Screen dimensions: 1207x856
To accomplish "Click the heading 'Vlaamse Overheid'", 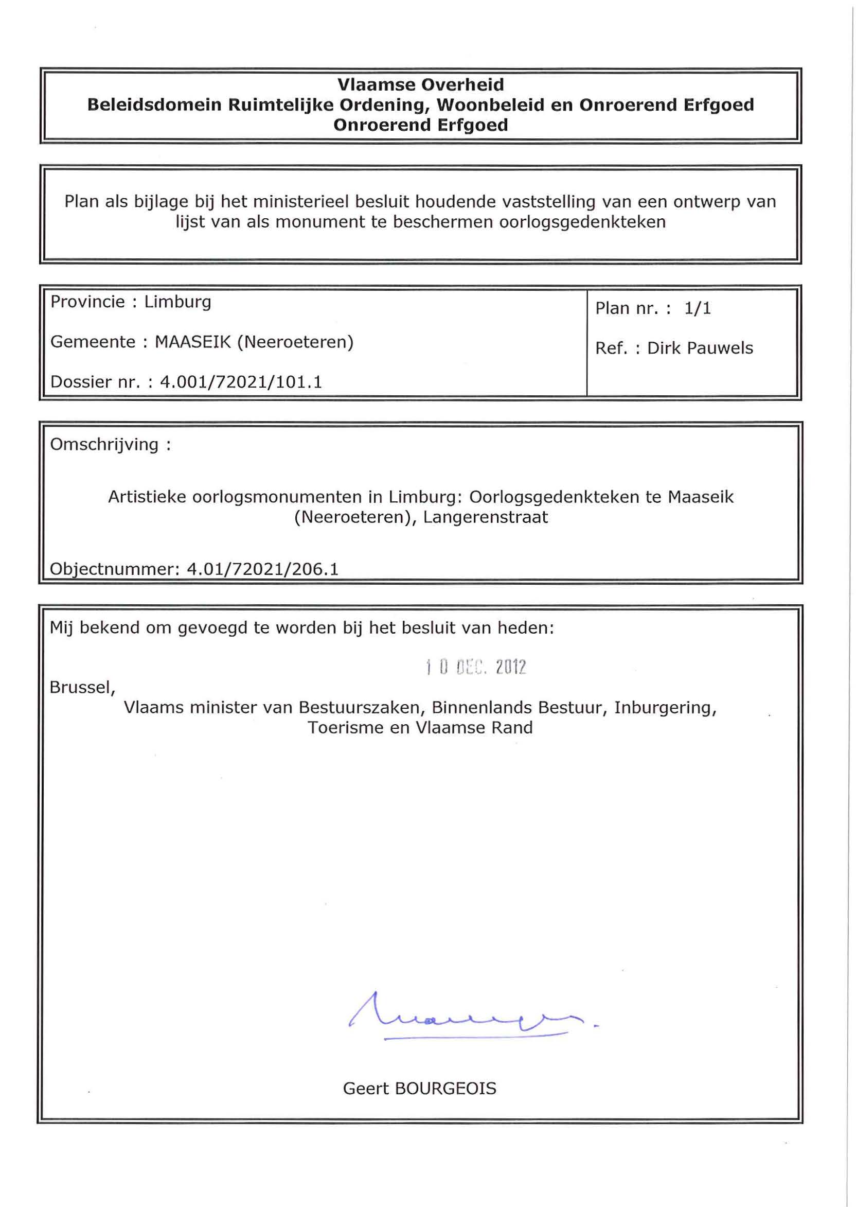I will (420, 84).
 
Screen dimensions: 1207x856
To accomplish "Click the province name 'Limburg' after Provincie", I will (177, 302).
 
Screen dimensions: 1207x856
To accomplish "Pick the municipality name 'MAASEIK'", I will (193, 342).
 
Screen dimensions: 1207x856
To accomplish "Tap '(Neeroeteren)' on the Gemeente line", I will (296, 342).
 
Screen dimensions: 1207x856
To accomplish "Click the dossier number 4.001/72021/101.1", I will (241, 382).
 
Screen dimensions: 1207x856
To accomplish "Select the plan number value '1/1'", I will (698, 308).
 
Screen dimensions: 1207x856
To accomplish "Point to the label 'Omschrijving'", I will (104, 445).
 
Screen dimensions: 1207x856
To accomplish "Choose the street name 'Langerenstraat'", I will (486, 517).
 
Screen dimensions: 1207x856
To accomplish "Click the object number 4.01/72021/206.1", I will (262, 569).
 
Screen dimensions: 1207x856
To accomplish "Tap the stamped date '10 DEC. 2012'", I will (476, 668).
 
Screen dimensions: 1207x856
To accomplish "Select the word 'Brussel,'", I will (82, 688).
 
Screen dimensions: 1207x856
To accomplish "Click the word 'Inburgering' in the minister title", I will (665, 708).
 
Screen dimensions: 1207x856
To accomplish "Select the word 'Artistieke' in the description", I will (147, 497).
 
